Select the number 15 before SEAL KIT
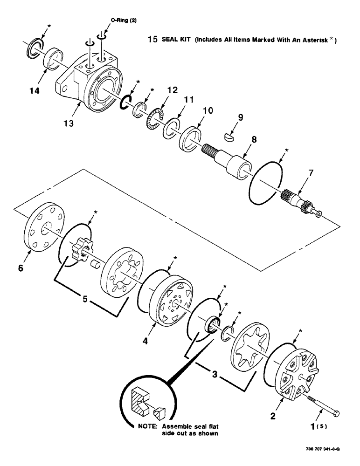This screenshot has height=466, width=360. pos(152,40)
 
